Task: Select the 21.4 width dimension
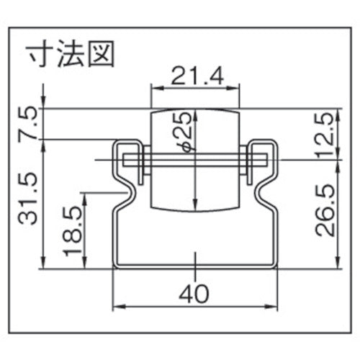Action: [194, 74]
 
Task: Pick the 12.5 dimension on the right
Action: [326, 132]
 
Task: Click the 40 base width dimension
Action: [194, 294]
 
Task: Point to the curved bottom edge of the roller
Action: [194, 211]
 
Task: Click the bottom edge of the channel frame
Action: [194, 267]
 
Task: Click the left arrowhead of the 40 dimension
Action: [117, 306]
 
